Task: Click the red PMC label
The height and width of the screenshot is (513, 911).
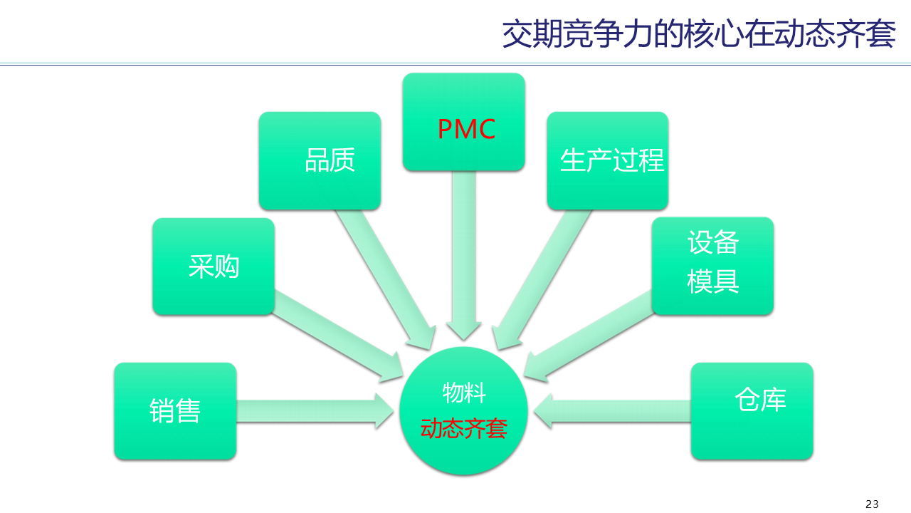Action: coord(466,130)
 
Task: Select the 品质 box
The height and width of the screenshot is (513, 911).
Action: coord(320,160)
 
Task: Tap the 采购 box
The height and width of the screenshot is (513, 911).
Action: coord(214,266)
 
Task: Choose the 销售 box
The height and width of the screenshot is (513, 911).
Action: coord(175,411)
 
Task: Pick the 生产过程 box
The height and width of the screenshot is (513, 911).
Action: coord(607,160)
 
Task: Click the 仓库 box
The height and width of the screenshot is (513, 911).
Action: coord(752,411)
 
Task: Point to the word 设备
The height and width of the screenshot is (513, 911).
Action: coord(712,243)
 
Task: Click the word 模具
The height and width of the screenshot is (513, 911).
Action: coord(712,281)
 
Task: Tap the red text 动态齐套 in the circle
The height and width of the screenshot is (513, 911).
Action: coord(463,428)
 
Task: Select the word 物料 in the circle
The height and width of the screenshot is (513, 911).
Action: coord(464,392)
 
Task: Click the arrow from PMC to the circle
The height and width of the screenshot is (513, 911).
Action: coord(463,256)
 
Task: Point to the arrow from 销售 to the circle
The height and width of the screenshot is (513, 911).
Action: coord(313,411)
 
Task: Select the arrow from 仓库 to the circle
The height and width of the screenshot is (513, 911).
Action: coord(612,411)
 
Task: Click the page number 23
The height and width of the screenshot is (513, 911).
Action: coord(872,504)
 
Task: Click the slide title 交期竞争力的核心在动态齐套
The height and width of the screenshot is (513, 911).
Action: coord(698,33)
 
